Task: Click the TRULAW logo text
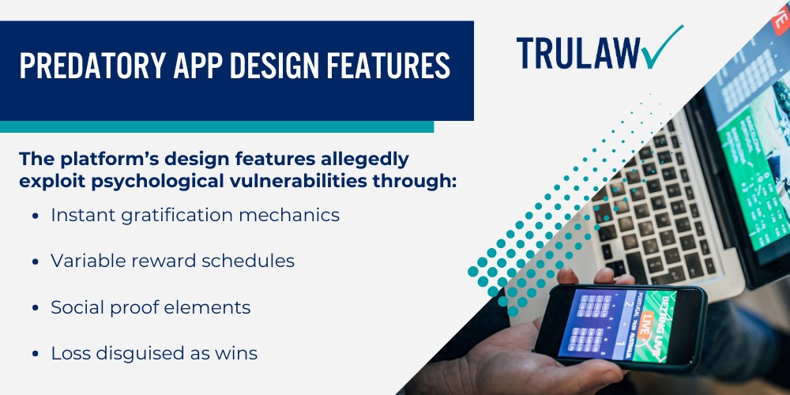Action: pos(576,51)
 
